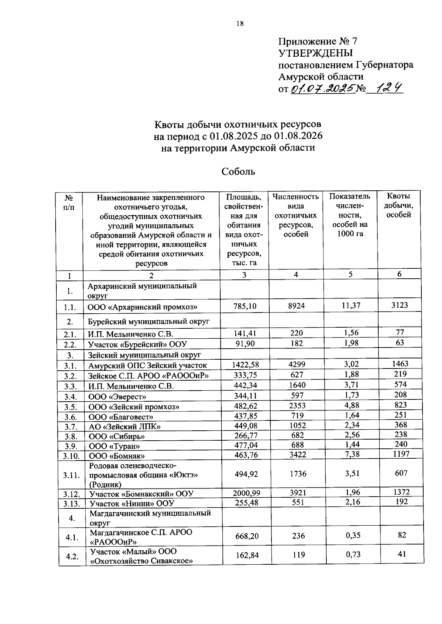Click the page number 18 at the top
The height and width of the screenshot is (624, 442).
240,24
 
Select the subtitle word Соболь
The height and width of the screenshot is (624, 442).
238,172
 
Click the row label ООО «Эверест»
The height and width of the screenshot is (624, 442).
117,396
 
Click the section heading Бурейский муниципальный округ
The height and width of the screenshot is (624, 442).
148,321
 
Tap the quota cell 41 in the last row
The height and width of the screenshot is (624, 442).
401,554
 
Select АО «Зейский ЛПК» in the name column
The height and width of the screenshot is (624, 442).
125,427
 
